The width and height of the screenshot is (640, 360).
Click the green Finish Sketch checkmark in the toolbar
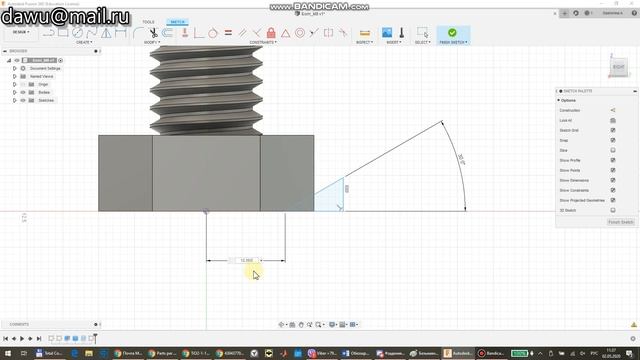[x=452, y=33]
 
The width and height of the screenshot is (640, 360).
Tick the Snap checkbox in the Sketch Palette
[x=613, y=140]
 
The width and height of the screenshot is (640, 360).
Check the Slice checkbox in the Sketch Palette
[x=613, y=150]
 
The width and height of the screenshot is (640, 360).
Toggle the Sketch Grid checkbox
[x=613, y=130]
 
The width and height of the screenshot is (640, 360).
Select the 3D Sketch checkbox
[x=613, y=210]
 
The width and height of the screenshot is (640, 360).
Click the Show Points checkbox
[x=613, y=170]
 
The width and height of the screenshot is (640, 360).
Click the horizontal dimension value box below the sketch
[x=247, y=260]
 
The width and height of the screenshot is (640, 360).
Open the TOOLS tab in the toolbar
[x=148, y=21]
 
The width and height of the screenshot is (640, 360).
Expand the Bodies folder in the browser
[x=15, y=92]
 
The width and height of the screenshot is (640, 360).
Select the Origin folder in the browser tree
[x=44, y=84]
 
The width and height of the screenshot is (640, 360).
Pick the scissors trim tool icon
[x=186, y=33]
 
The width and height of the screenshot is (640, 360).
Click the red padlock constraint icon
[x=285, y=33]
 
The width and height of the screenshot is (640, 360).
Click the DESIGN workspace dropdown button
[x=21, y=32]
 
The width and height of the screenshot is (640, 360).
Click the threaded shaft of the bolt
[x=206, y=90]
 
